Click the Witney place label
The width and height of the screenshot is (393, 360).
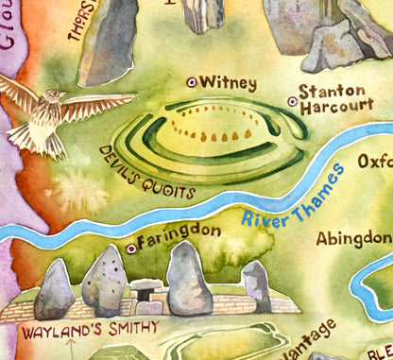pos(229,83)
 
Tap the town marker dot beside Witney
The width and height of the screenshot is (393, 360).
pos(192,82)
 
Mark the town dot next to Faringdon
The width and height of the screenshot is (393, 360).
pos(130,249)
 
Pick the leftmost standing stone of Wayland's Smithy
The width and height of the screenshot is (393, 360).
pos(54,288)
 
